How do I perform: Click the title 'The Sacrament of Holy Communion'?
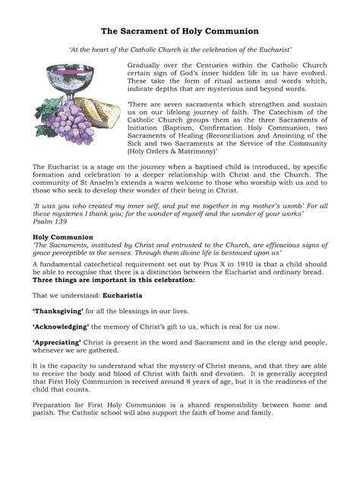tap(180, 31)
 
